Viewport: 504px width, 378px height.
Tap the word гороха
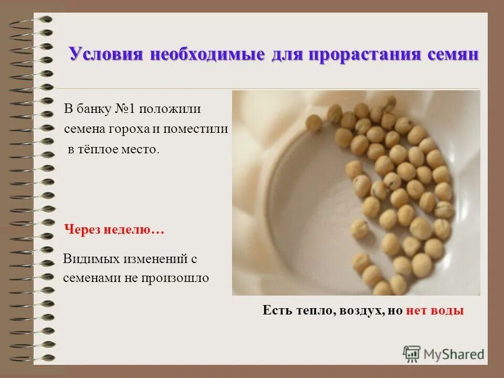pos(132,129)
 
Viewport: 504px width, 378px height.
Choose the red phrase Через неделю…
pos(114,230)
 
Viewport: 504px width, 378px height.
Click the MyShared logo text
pos(453,354)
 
